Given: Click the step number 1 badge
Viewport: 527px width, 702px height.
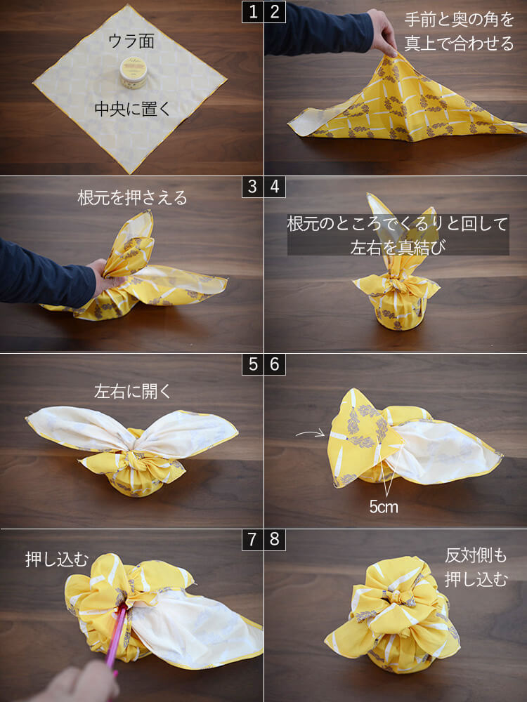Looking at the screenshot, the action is tap(253, 12).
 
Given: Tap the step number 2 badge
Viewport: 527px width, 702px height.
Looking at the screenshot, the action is tap(275, 12).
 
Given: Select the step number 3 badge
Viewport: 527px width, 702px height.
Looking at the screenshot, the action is tap(253, 187).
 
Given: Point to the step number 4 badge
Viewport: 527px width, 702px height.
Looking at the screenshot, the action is tap(275, 187).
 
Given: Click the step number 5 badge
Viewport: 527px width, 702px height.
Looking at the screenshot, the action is tap(253, 364).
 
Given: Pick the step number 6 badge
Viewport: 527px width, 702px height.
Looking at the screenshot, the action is tap(275, 364).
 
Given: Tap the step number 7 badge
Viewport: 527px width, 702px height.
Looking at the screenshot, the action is tap(253, 539).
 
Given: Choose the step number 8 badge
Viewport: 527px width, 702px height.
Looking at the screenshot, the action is tap(275, 539).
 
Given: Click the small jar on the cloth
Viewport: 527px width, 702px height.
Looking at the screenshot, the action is tap(134, 72).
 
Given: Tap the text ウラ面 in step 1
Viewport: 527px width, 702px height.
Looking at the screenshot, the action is tap(131, 41).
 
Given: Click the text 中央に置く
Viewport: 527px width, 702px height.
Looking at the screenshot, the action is tap(132, 109).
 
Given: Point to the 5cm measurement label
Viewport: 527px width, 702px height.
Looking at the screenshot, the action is tap(384, 507).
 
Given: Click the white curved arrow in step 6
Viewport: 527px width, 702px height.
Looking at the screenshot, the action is tap(310, 433).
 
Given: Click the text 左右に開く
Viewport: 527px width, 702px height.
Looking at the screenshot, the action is tap(132, 391).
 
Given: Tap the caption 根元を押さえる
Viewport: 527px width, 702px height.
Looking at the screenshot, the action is tap(132, 197).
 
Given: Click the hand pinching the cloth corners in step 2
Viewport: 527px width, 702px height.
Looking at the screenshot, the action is tap(382, 33).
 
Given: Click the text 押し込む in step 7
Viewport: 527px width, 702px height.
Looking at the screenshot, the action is tap(57, 559).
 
